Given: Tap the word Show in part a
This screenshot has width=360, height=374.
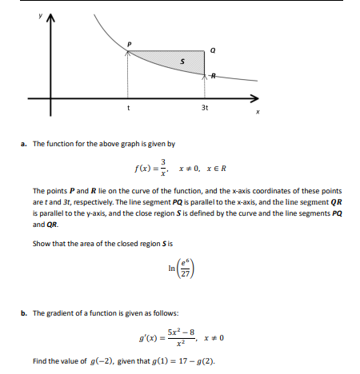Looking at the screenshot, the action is (42, 243).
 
